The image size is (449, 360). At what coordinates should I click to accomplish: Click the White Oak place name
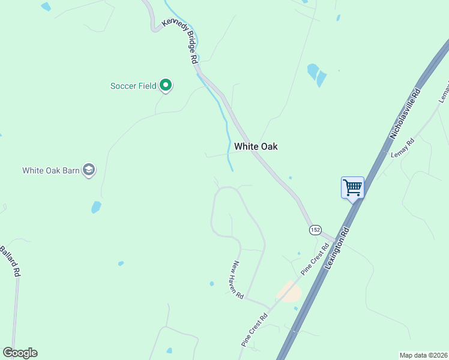coord(256,146)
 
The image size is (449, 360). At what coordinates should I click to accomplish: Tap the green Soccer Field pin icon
coord(166,86)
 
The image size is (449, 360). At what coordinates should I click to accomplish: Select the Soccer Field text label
coord(133,86)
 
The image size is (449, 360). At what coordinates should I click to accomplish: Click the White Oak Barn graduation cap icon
coord(89,170)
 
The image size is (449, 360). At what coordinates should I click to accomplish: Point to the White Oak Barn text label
coord(51,170)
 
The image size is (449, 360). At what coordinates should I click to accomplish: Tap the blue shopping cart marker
coord(352,188)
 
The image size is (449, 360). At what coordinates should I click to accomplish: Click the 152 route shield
coord(315,230)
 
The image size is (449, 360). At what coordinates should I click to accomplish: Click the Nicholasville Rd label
coord(407,112)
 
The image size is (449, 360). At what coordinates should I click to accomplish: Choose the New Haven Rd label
coord(238,280)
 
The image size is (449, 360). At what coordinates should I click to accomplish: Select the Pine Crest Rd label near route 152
coord(315,259)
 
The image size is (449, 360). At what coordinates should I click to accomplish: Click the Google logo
coord(20,353)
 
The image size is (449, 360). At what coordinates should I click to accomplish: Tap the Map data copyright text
coord(423,355)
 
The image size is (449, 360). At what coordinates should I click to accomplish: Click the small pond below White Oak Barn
coord(96,207)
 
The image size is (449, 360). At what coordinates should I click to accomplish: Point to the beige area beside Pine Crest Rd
coord(288,292)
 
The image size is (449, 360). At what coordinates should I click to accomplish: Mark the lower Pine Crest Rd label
coord(255,329)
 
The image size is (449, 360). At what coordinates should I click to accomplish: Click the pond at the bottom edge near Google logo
coord(169,350)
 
